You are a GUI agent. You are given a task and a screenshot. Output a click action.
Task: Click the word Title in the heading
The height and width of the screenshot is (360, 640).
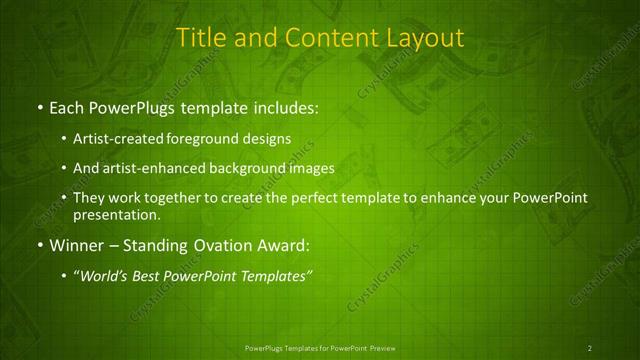[200, 38]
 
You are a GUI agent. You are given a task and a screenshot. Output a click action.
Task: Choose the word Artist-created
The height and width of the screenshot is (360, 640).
[122, 140]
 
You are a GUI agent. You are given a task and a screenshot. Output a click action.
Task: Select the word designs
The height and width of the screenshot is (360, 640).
[269, 140]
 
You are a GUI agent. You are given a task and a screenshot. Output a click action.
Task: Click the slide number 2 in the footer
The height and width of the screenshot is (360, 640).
[590, 347]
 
